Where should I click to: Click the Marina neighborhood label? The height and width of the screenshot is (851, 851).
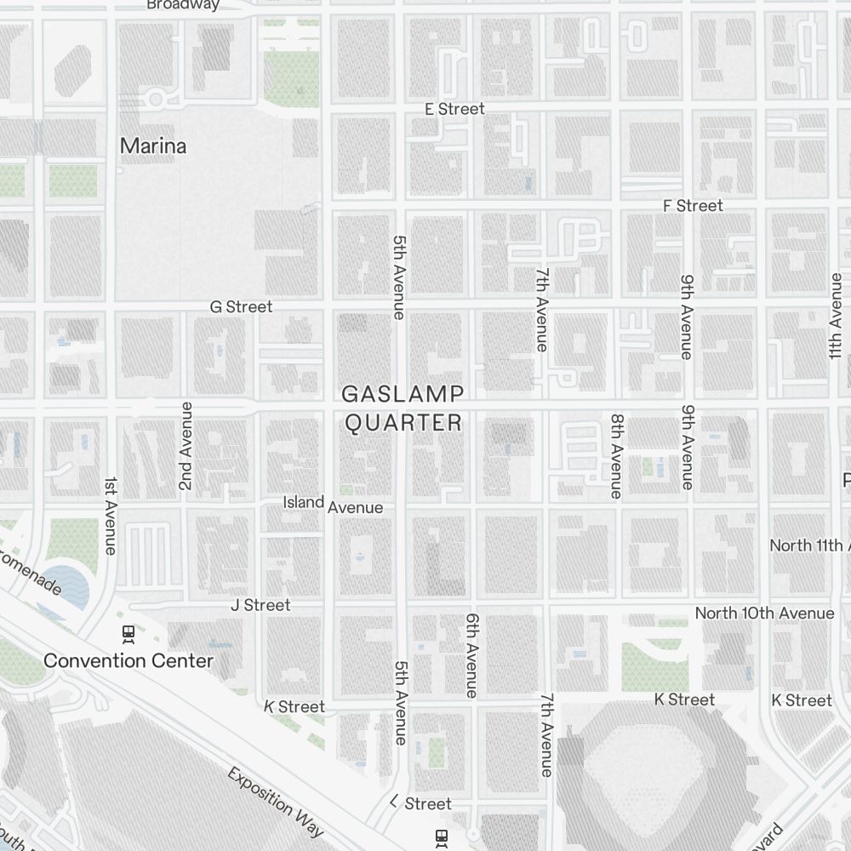(x=153, y=146)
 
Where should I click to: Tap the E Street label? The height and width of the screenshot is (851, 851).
(x=454, y=109)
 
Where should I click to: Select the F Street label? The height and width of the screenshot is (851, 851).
(x=693, y=206)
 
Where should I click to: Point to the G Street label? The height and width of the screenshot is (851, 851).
(x=241, y=306)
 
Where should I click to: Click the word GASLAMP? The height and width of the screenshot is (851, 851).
(x=403, y=394)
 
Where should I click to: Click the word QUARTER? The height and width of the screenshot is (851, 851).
(x=404, y=422)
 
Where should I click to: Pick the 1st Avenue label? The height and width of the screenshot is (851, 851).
(x=111, y=515)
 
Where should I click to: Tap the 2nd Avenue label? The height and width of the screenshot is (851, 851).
(x=186, y=446)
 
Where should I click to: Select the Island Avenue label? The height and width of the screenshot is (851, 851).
(x=333, y=505)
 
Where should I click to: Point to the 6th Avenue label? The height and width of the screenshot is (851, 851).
(x=471, y=654)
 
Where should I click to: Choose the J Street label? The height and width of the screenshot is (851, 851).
(x=260, y=605)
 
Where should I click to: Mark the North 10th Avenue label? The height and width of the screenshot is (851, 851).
(x=764, y=614)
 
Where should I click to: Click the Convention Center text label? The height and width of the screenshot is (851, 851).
(x=129, y=660)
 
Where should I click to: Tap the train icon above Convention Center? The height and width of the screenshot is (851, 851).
(x=129, y=632)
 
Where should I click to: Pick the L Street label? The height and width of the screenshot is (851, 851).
(x=420, y=803)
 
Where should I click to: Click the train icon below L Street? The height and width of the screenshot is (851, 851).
(x=442, y=837)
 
